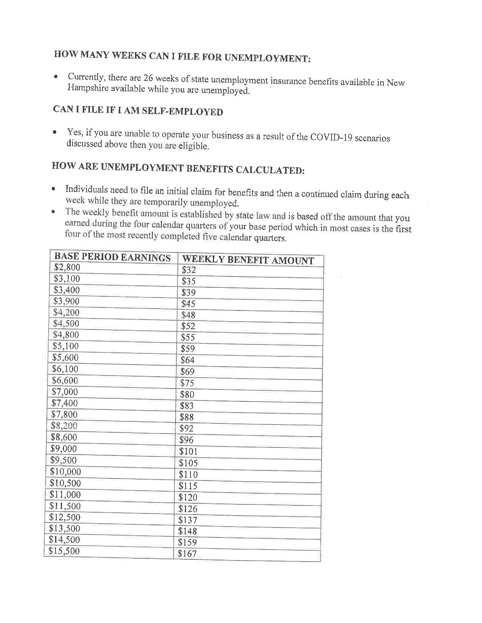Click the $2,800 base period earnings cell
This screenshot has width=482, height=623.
pos(67,268)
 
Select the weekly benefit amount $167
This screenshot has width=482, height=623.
pos(188,554)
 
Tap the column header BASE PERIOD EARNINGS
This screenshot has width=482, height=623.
pos(112,258)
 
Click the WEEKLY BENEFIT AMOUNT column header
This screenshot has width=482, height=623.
pos(248,260)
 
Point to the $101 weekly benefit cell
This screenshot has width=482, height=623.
pos(188,452)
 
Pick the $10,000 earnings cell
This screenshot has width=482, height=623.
pos(65,472)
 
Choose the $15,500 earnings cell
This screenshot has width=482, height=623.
pos(64,551)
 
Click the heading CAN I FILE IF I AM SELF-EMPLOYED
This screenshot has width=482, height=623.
pos(138,111)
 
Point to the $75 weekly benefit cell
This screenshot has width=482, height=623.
pos(187,383)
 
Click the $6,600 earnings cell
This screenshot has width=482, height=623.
pos(65,380)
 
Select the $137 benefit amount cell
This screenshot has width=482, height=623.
pos(188,520)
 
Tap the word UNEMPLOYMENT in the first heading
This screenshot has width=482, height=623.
pos(267,58)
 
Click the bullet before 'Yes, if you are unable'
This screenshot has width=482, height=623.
pos(55,133)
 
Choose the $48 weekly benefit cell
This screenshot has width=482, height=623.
pos(188,315)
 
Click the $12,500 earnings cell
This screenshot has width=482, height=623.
pos(65,517)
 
